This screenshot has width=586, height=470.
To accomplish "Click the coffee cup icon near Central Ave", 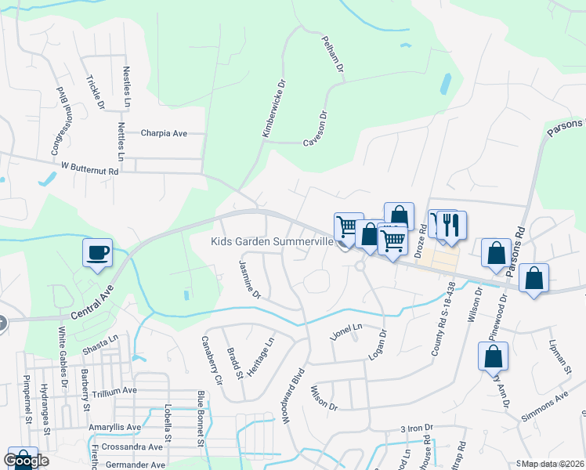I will tap(97, 253).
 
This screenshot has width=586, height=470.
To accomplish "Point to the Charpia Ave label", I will tap(164, 133).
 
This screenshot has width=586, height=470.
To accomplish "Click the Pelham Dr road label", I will tap(333, 54).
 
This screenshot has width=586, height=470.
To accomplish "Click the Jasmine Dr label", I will tap(249, 280).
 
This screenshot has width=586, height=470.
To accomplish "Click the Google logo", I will tap(26, 460).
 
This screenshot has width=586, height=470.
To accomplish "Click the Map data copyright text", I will tap(553, 464).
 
